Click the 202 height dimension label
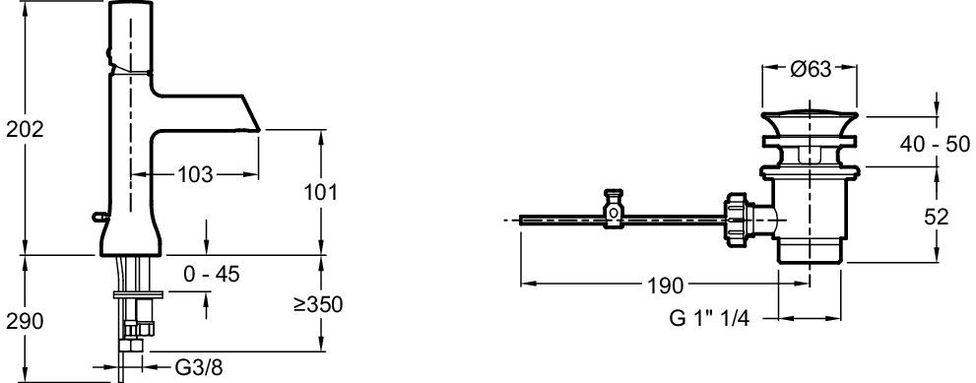coord(25,130)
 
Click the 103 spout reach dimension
coord(195,175)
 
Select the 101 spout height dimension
coord(320,192)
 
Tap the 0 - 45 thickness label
coord(212,274)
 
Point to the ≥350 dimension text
coord(319,304)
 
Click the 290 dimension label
coord(25,321)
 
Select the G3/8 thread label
coord(198,367)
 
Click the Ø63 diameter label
coord(811,69)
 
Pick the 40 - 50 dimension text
coord(935,144)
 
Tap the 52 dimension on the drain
coord(937,217)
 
